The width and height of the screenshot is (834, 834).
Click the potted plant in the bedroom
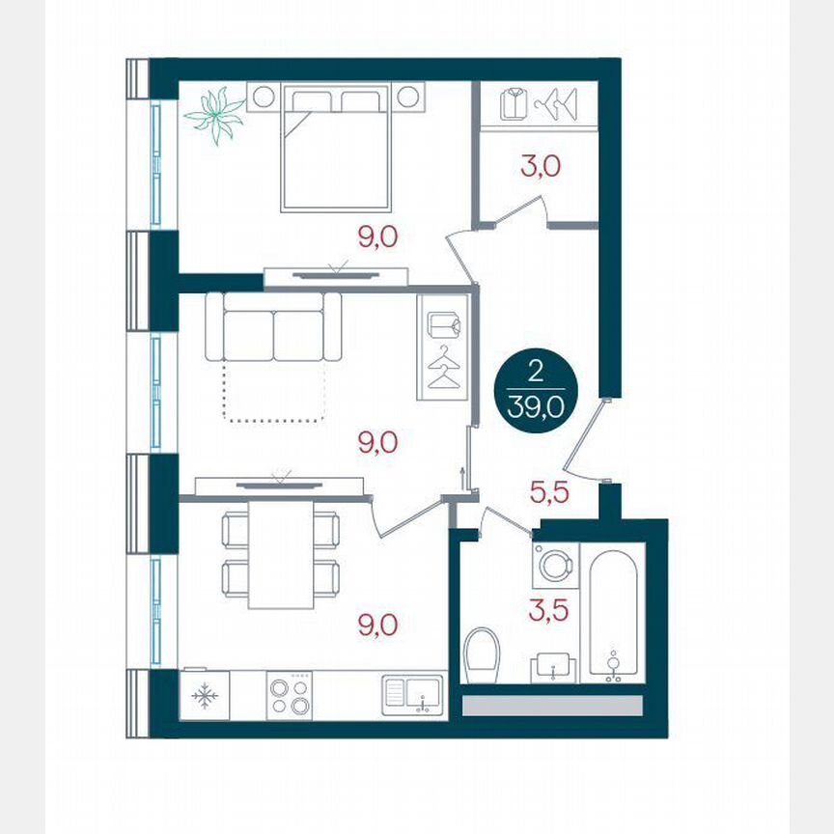point(214,115)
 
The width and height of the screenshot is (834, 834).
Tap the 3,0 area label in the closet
point(540,166)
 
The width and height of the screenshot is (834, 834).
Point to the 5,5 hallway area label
point(550,492)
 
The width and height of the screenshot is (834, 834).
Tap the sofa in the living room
point(273,326)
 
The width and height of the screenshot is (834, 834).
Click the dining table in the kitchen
point(280,554)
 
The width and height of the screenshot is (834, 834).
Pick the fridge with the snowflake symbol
point(205,695)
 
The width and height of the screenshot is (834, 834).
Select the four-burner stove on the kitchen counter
point(290,695)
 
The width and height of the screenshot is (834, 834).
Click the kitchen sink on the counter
point(411,695)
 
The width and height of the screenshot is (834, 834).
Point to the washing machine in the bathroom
point(555,566)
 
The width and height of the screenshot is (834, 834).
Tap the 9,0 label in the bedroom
point(377,236)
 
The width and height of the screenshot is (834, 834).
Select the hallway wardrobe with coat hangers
point(443,347)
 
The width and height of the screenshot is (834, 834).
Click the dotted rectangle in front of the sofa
point(273,392)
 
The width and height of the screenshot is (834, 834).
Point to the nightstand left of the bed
point(262,97)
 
